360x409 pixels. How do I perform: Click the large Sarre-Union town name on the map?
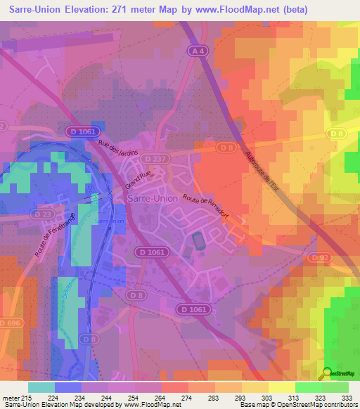[151, 199]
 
